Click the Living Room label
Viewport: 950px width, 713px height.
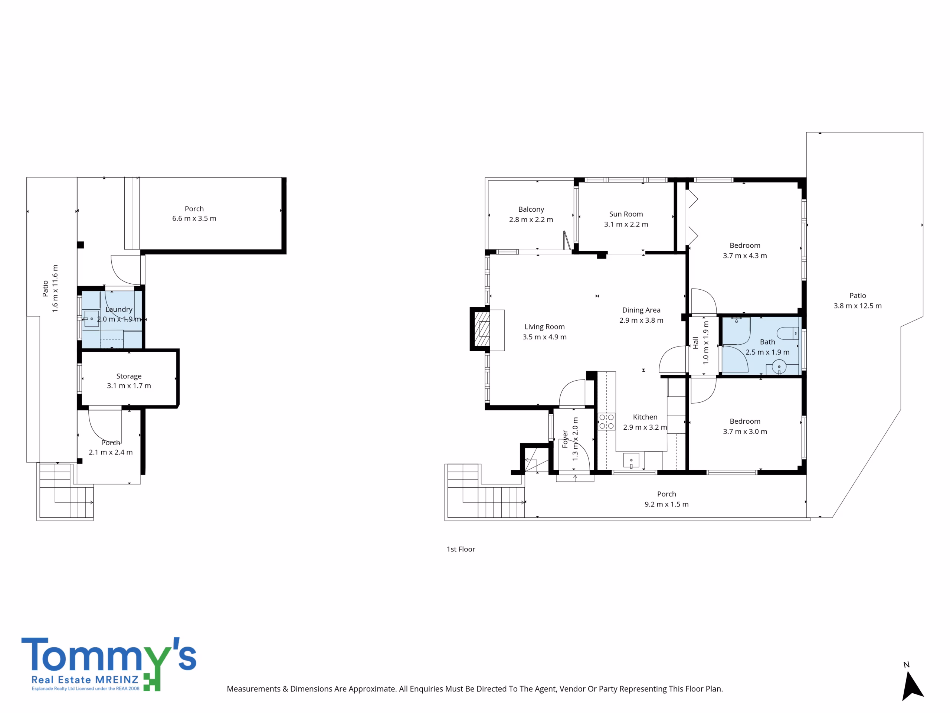pos(544,327)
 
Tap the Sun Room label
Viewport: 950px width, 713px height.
pos(626,214)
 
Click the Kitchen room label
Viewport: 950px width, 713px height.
pos(645,417)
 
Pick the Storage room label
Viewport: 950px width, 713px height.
pos(129,376)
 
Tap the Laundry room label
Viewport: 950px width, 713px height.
pos(119,309)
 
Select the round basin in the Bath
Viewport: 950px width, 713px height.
pos(779,367)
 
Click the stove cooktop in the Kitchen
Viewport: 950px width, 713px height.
pos(606,421)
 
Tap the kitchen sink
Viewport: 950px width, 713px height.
pos(631,460)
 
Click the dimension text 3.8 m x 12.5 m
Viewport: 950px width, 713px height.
pos(857,306)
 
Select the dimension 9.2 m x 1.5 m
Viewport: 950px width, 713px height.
pos(666,504)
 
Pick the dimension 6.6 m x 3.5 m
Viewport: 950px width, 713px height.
pos(194,218)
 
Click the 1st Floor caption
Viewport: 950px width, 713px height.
pos(461,549)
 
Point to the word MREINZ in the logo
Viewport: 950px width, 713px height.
pos(117,680)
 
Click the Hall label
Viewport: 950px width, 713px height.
pos(695,342)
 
